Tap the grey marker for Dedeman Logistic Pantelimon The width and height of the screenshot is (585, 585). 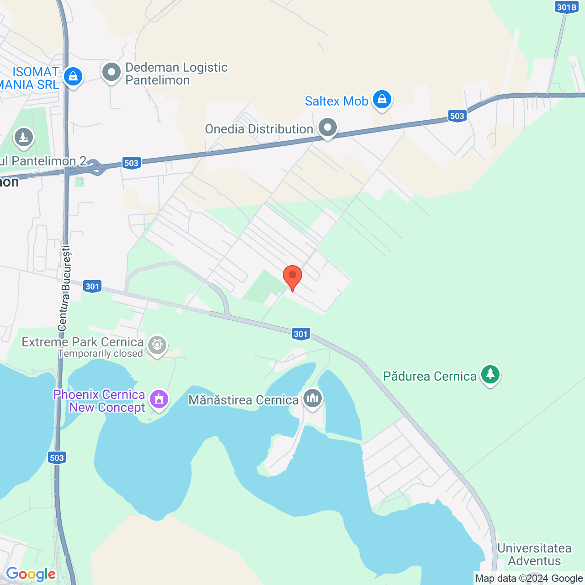[111, 72]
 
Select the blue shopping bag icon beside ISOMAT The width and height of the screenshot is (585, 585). [73, 76]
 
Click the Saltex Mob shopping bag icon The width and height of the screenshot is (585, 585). [382, 99]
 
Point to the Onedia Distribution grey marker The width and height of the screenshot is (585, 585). [327, 128]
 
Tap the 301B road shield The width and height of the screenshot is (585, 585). [567, 7]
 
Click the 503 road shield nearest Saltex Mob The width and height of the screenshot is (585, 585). [457, 116]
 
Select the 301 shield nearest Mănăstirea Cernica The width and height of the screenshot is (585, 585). [301, 334]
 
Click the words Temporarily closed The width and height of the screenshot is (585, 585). [101, 354]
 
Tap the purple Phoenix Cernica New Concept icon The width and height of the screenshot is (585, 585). [159, 399]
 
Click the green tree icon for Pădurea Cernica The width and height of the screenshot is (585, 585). [490, 374]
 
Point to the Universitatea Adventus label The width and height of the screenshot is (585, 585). [534, 554]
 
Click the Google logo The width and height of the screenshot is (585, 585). [31, 574]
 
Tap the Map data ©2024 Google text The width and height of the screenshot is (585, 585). [529, 579]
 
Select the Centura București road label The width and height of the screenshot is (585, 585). [64, 288]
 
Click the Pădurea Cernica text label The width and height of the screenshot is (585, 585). [430, 376]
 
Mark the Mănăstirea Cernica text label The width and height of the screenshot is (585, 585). [243, 400]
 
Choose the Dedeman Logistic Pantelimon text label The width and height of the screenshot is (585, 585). [176, 74]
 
